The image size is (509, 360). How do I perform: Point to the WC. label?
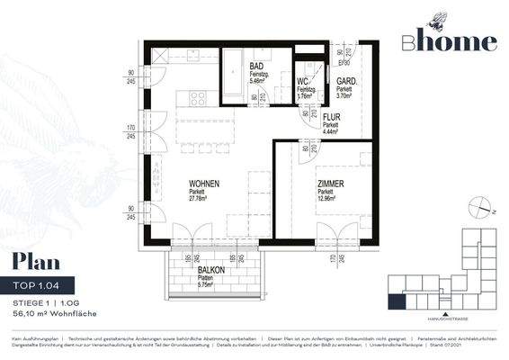pos(302,82)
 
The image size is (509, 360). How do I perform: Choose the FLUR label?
pos(331,116)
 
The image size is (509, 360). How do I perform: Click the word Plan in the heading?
pos(36,263)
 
